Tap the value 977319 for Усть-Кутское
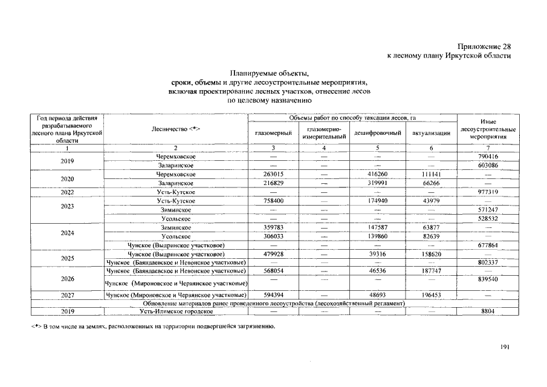click(488, 192)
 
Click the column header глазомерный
click(273, 133)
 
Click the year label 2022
click(68, 192)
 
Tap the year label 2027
click(68, 294)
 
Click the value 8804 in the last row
click(488, 311)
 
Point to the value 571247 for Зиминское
click(488, 209)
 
